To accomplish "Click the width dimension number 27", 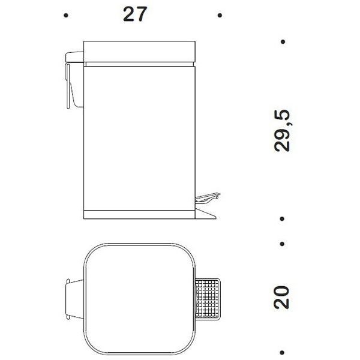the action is click(135, 14).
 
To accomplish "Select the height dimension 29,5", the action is click(282, 131).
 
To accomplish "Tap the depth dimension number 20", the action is click(281, 298).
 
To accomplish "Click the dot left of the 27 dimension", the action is click(66, 16).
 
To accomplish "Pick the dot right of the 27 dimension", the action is click(220, 16).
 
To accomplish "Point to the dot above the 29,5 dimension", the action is click(283, 42).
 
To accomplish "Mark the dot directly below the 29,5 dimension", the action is click(282, 219).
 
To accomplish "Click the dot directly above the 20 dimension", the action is click(282, 244).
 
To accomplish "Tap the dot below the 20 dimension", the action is click(282, 353).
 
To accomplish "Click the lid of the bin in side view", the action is click(139, 52).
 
